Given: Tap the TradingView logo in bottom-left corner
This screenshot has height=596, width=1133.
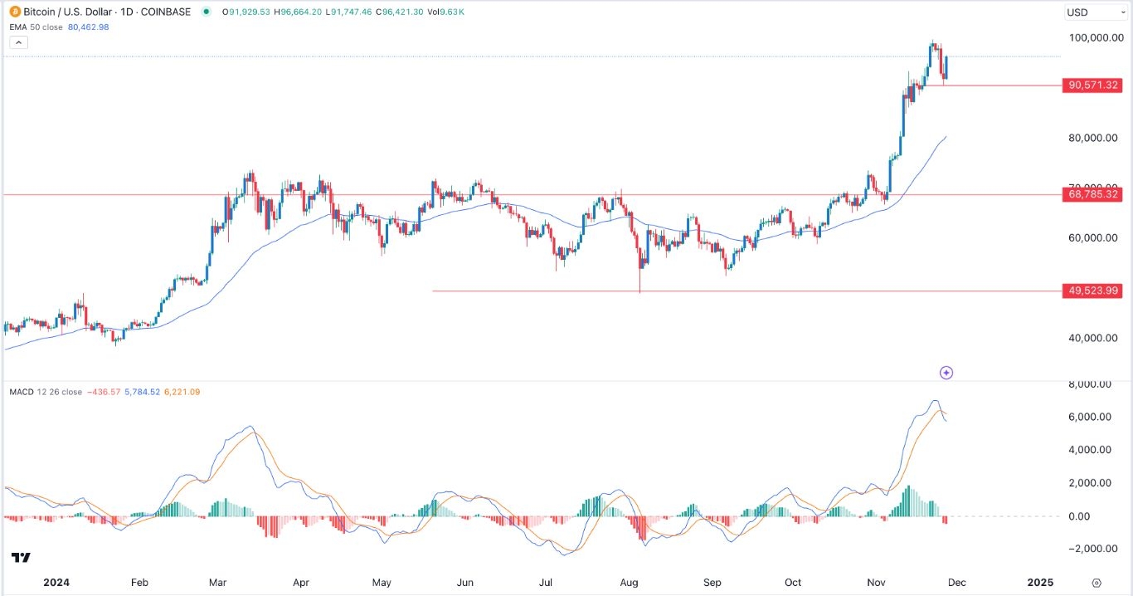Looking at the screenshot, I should (21, 557).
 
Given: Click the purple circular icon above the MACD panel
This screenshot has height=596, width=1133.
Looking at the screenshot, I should (946, 373).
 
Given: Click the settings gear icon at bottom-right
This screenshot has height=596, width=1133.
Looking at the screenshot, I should (1097, 583).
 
